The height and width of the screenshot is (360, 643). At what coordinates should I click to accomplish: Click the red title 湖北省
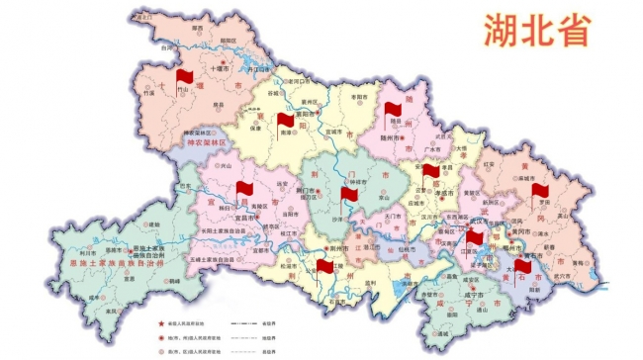(537, 31)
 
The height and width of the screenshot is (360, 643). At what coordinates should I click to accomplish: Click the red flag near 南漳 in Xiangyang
(285, 123)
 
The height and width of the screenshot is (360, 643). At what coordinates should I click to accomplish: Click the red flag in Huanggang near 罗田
(539, 190)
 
